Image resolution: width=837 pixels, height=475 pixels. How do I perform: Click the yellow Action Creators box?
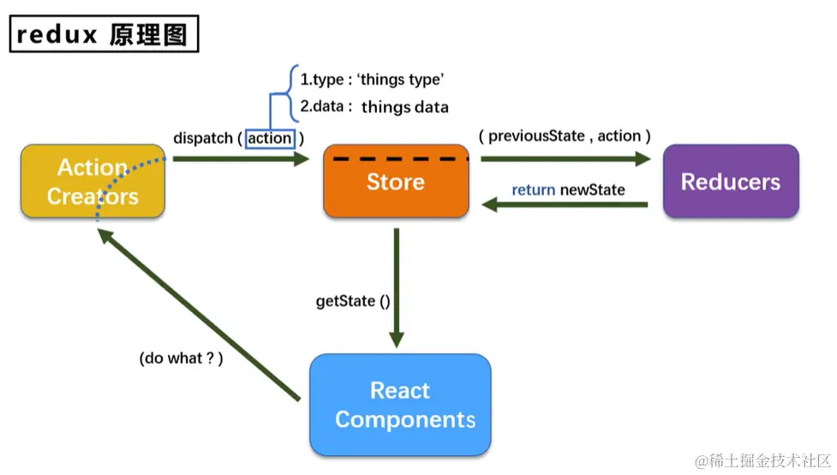point(93,182)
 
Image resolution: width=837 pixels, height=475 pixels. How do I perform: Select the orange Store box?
point(396,182)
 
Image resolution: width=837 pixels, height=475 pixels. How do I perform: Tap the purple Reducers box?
point(731,182)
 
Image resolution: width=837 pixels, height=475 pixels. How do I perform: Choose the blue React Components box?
point(400,405)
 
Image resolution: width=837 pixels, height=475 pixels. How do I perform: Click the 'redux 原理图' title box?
point(105,34)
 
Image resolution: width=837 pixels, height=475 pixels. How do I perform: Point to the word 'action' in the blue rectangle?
point(270,138)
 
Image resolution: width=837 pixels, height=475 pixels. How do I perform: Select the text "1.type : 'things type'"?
point(372,80)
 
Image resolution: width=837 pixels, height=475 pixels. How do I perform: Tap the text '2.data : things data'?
point(374,107)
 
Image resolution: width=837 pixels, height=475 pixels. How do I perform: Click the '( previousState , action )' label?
point(565,135)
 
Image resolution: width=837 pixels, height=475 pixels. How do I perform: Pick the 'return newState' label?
point(568,189)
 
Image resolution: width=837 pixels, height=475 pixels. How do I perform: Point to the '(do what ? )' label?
point(181,358)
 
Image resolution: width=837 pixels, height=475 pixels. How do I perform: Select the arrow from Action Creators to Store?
point(240,159)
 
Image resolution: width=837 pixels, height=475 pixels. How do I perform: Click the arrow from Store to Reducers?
point(565,159)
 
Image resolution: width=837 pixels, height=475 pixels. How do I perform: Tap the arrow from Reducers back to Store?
point(571,205)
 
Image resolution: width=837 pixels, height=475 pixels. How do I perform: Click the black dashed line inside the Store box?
point(401,159)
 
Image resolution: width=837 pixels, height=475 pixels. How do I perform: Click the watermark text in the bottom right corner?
point(761,461)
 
